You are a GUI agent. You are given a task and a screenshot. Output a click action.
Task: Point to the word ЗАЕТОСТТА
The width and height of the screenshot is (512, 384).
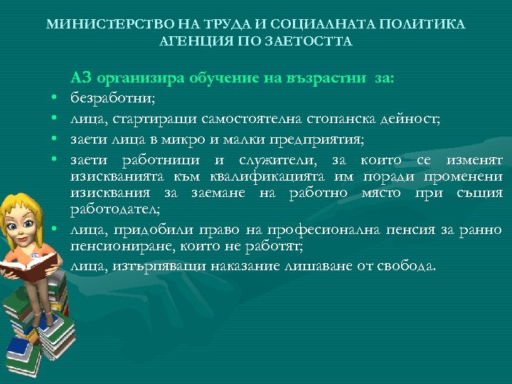(x=314, y=41)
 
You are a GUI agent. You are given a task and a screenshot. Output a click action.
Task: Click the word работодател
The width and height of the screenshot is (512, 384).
(x=114, y=209)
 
